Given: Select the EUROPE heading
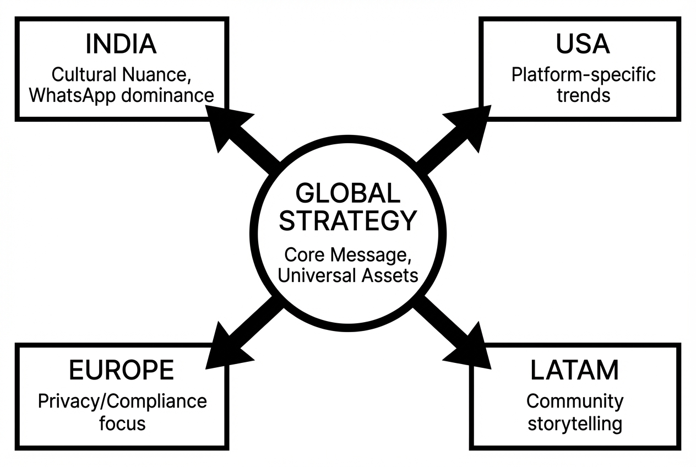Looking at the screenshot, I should [x=122, y=371].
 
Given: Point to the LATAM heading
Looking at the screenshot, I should [x=574, y=371].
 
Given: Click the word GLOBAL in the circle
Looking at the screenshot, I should [x=347, y=194].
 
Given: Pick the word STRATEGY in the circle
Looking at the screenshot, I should [x=347, y=221].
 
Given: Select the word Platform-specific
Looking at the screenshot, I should [x=583, y=74].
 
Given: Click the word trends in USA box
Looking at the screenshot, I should [x=583, y=95].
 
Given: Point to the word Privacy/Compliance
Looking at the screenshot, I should [x=122, y=401].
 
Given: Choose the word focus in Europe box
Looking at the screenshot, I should [x=122, y=423].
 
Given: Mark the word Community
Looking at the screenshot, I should [x=575, y=401].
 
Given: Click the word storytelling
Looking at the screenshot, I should [x=575, y=423].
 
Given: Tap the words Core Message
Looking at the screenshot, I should [x=347, y=255].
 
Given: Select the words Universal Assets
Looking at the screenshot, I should [x=347, y=275].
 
